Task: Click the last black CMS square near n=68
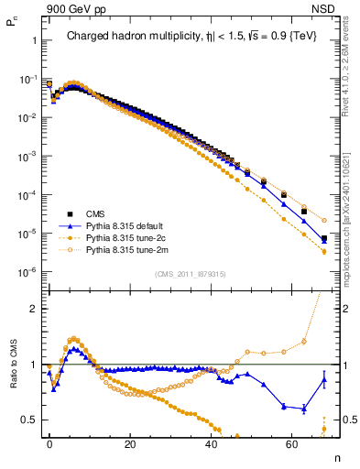tap(324, 239)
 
